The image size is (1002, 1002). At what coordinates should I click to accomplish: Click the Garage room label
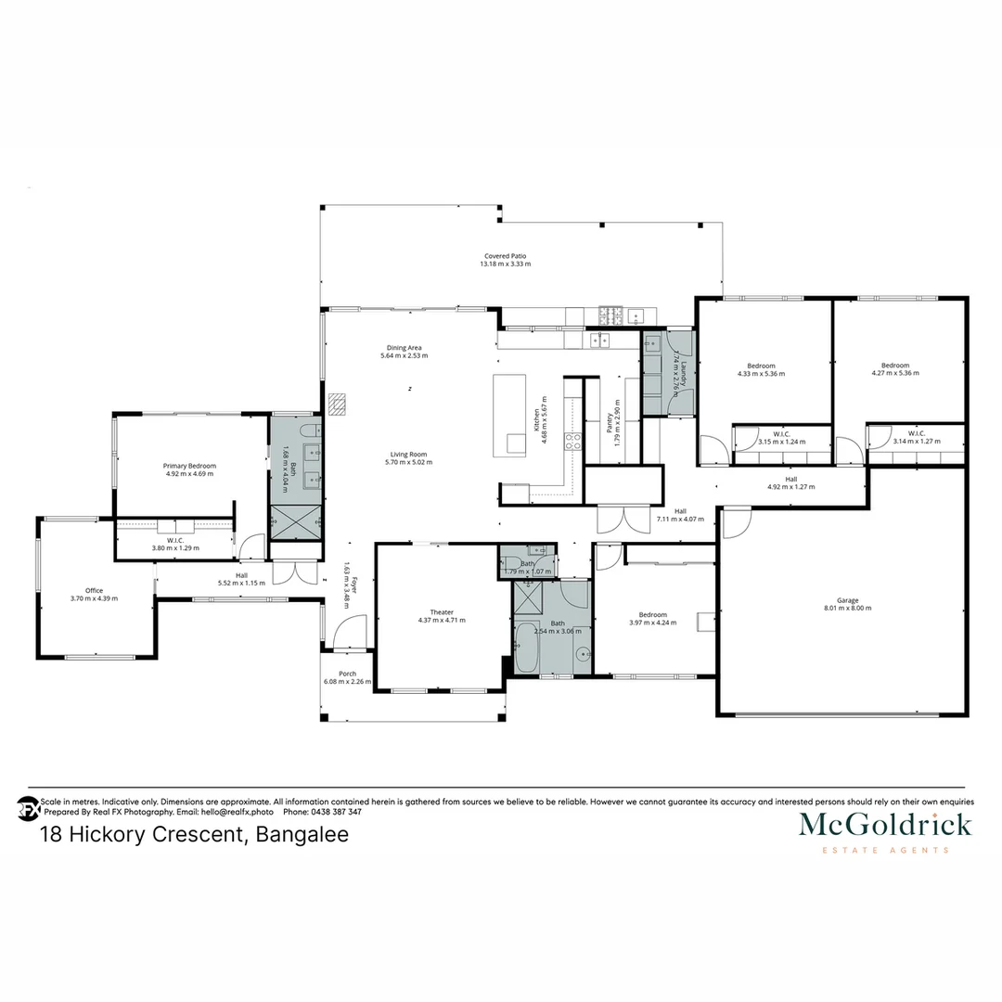tap(847, 600)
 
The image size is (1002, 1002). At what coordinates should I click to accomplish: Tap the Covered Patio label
tap(505, 256)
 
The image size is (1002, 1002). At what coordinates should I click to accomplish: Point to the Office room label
tap(94, 591)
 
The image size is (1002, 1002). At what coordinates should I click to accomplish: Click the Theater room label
tap(442, 612)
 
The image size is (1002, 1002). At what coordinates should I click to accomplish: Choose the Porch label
tap(347, 674)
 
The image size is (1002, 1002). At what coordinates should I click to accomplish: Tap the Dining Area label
tap(404, 348)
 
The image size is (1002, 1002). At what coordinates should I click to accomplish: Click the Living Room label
tap(408, 455)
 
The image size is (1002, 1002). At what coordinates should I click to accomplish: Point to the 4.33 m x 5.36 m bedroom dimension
tap(761, 374)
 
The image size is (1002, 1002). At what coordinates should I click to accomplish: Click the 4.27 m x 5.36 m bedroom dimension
tap(894, 374)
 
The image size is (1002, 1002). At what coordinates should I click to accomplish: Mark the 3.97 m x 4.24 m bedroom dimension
tap(652, 623)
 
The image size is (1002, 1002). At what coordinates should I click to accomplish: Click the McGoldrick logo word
tap(885, 824)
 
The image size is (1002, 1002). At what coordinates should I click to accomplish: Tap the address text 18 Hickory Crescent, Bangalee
tap(195, 835)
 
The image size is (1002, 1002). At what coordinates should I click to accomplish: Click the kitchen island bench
tap(509, 414)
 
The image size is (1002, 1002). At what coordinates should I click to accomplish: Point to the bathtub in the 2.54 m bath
tap(525, 649)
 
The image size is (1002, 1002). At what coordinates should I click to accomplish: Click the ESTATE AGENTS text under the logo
tap(885, 850)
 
